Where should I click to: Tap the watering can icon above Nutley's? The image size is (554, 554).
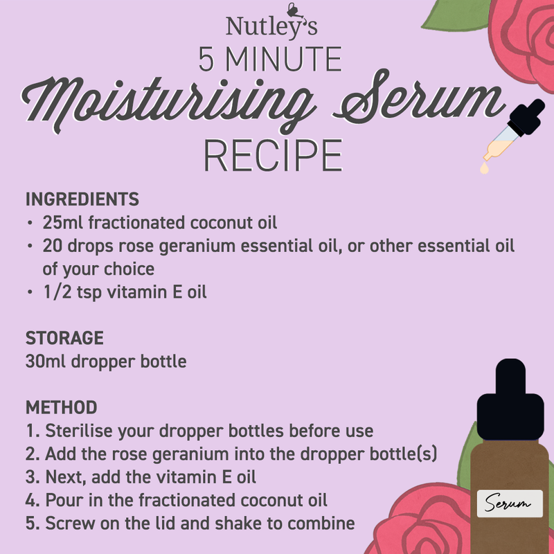[x=295, y=10]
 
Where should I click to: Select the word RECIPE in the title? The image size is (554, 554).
[x=273, y=155]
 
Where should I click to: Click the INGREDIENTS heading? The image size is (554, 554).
[x=82, y=199]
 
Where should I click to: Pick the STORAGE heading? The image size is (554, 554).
[x=64, y=338]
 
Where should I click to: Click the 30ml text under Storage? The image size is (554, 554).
[x=46, y=361]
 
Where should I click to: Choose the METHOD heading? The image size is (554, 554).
[x=62, y=407]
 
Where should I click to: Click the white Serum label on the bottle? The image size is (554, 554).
[x=510, y=503]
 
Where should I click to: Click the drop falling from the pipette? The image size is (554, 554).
[x=484, y=168]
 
